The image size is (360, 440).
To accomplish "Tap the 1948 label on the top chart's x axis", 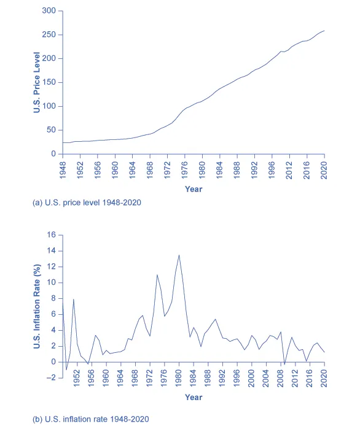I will [63, 170].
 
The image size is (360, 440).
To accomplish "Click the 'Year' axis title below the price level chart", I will [194, 189].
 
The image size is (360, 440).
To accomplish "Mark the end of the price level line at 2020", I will [324, 31].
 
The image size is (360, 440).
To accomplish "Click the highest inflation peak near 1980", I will [179, 255].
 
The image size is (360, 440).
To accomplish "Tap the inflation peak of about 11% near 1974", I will [157, 274].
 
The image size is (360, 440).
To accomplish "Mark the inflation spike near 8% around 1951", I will [74, 299].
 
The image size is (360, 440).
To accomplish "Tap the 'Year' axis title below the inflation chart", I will [194, 397].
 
